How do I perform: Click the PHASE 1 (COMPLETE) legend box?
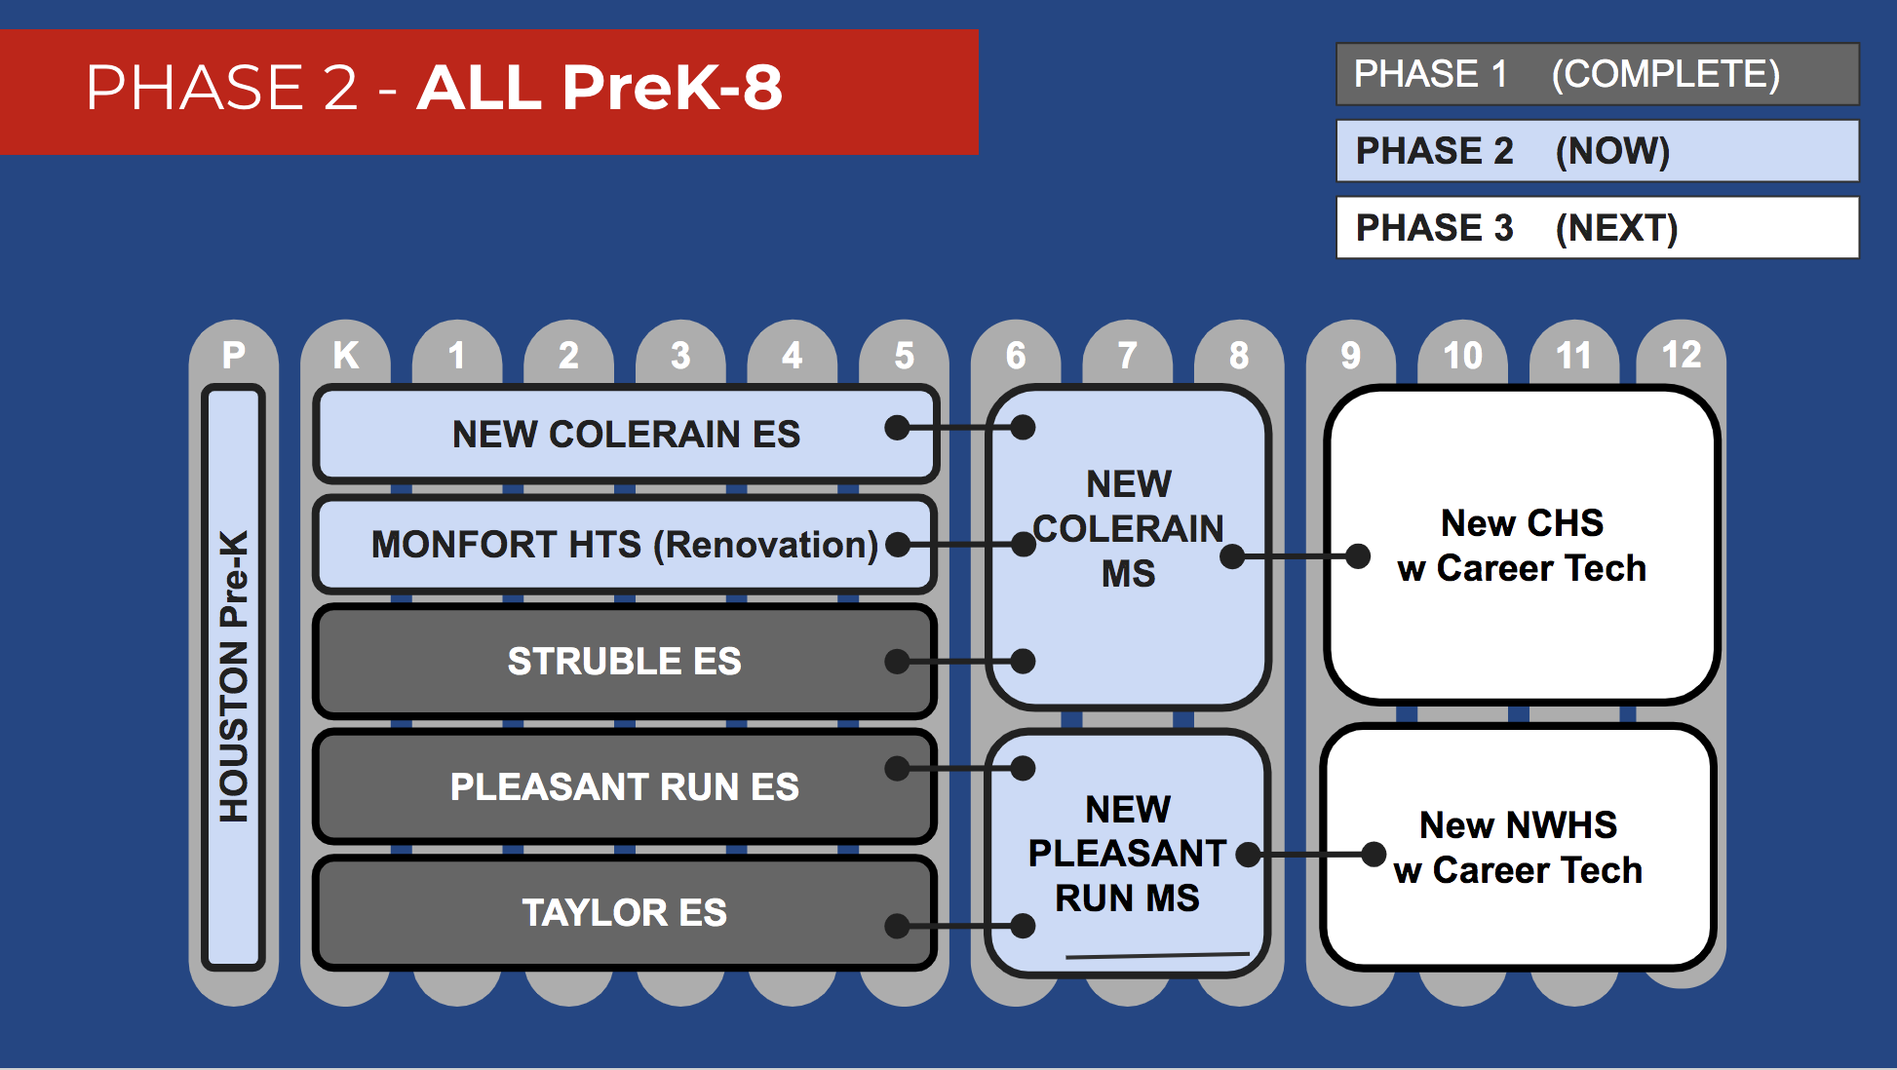tap(1597, 74)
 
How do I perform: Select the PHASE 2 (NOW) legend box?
tap(1597, 151)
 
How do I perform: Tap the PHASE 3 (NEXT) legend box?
tap(1597, 228)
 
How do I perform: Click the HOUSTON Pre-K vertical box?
tap(234, 677)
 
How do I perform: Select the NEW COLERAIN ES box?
tap(626, 435)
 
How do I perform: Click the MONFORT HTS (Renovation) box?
tap(626, 545)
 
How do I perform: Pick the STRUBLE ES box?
tap(626, 662)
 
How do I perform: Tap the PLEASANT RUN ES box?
tap(626, 786)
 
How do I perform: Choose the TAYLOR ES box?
tap(626, 913)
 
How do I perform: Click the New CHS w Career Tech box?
tap(1522, 546)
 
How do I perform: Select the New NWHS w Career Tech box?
tap(1519, 848)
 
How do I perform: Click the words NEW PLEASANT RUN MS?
tap(1128, 854)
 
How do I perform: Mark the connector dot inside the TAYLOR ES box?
tap(897, 926)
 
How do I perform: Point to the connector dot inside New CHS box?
tap(1358, 556)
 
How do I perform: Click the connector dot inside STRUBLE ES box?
tap(897, 662)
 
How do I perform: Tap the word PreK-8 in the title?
tap(673, 88)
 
